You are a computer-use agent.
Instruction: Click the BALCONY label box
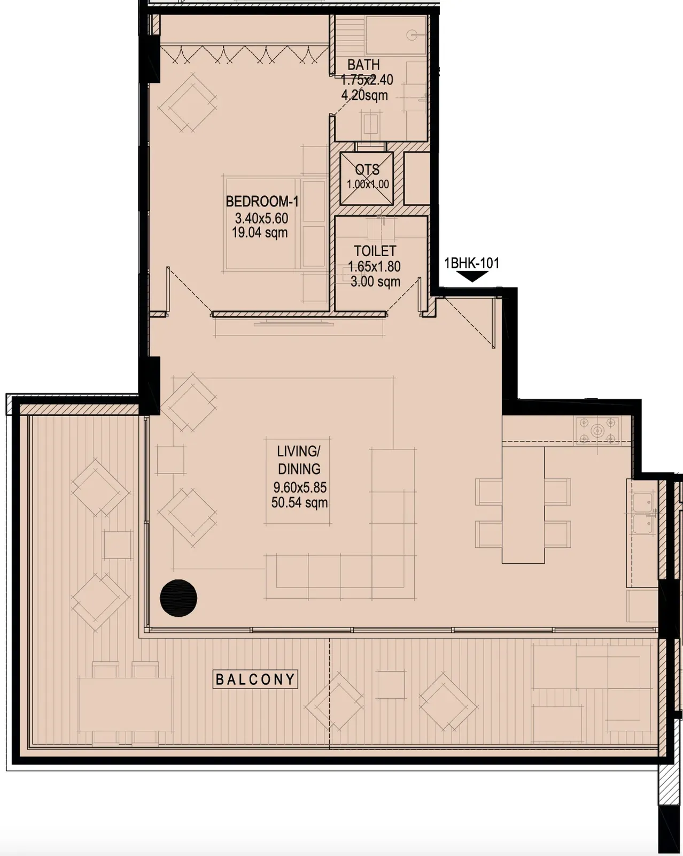click(x=255, y=679)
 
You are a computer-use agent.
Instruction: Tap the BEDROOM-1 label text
click(x=262, y=202)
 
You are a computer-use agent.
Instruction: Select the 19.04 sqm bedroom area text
click(x=260, y=233)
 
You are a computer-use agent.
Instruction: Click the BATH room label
click(x=363, y=64)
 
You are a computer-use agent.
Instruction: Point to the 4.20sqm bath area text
click(x=364, y=95)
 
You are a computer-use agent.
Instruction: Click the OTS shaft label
click(x=367, y=170)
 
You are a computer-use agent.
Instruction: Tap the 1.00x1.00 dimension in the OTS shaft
click(x=368, y=185)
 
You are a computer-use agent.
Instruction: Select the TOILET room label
click(x=375, y=251)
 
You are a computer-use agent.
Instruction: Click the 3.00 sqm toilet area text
click(x=375, y=282)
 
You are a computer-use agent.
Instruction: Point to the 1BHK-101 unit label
click(x=471, y=263)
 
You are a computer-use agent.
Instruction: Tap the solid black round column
click(x=178, y=598)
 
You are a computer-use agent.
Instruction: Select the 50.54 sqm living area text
click(x=300, y=503)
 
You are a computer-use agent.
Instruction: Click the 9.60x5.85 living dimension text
click(x=300, y=487)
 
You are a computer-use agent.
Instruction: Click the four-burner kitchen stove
click(x=597, y=430)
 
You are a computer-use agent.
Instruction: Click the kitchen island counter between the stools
click(x=523, y=505)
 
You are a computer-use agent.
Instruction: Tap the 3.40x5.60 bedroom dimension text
click(x=261, y=218)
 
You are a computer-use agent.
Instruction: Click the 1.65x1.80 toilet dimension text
click(x=374, y=266)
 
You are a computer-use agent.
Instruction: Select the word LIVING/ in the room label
click(x=298, y=452)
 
